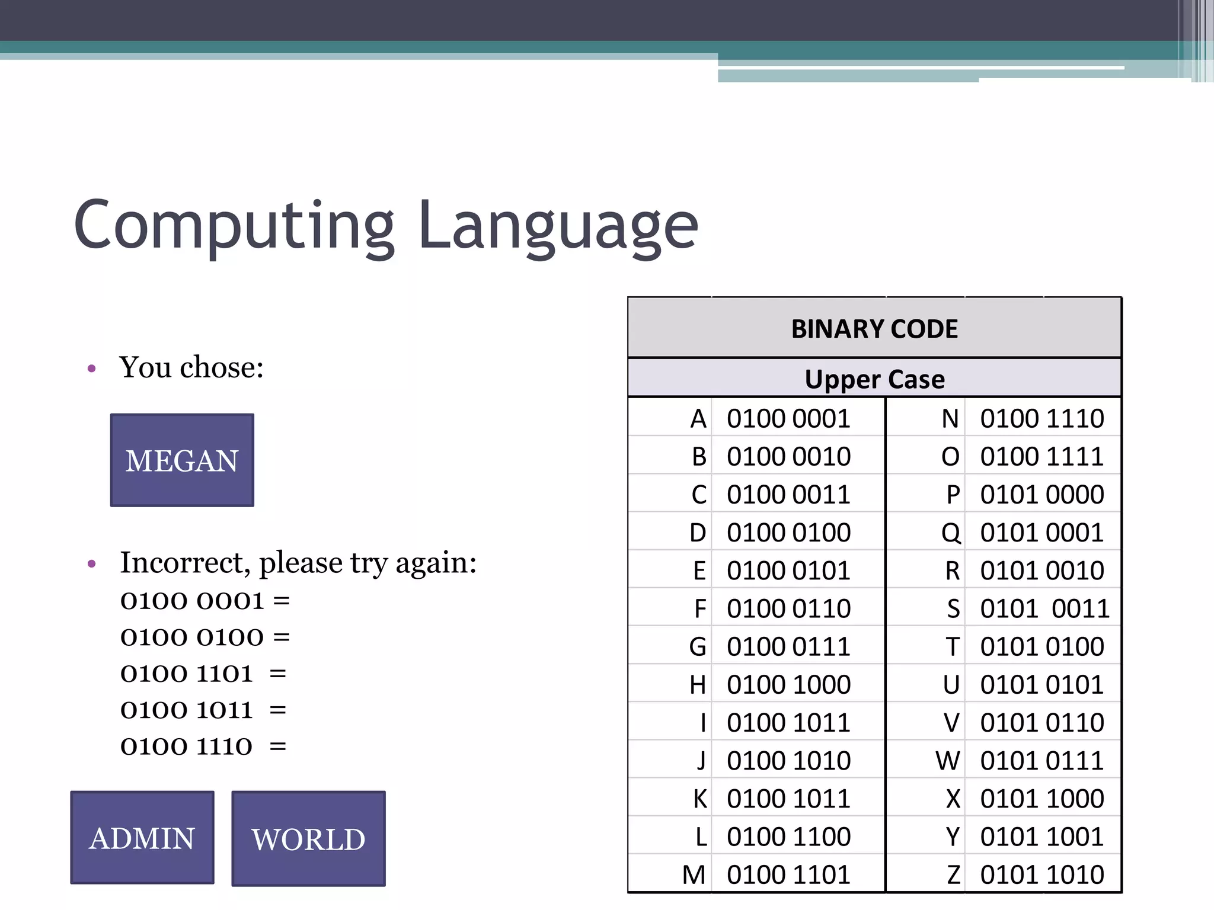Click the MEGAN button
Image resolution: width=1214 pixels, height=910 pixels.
[x=182, y=460]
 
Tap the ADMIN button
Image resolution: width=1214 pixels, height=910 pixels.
[x=142, y=838]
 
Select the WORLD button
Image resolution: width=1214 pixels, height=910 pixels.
[x=308, y=839]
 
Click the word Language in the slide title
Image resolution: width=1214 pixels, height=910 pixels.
[x=558, y=226]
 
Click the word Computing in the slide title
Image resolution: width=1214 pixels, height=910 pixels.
[x=234, y=226]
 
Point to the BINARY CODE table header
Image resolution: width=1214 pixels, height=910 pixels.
[x=874, y=329]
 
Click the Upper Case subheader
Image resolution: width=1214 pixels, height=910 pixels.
[x=874, y=379]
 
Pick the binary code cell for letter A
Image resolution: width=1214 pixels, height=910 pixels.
[x=788, y=419]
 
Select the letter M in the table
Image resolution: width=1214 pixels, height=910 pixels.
[x=694, y=875]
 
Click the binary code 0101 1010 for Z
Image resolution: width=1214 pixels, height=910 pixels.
[x=1042, y=875]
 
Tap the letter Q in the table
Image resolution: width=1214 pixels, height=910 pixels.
[x=951, y=533]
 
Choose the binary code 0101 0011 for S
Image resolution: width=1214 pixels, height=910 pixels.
[x=1044, y=609]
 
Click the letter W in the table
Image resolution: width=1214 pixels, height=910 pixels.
[x=948, y=761]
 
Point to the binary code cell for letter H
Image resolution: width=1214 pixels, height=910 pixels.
[x=788, y=685]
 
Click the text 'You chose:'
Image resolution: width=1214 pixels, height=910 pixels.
[x=191, y=367]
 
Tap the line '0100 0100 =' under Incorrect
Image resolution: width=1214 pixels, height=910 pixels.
[x=205, y=637]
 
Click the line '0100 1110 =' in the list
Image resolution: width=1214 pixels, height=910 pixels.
[x=203, y=746]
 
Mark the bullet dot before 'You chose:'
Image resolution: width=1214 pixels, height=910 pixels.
[x=91, y=369]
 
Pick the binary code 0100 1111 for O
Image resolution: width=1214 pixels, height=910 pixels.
[x=1042, y=457]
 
